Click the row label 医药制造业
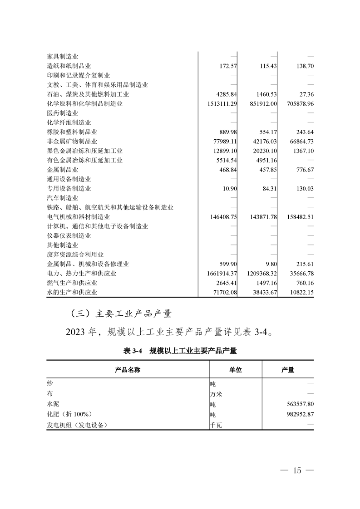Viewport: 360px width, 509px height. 63,113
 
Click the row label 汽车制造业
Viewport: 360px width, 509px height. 63,198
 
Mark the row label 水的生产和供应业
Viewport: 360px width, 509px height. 72,293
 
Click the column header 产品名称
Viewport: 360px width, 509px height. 128,370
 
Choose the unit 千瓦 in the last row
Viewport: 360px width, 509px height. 216,426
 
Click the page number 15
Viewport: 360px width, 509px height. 297,470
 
